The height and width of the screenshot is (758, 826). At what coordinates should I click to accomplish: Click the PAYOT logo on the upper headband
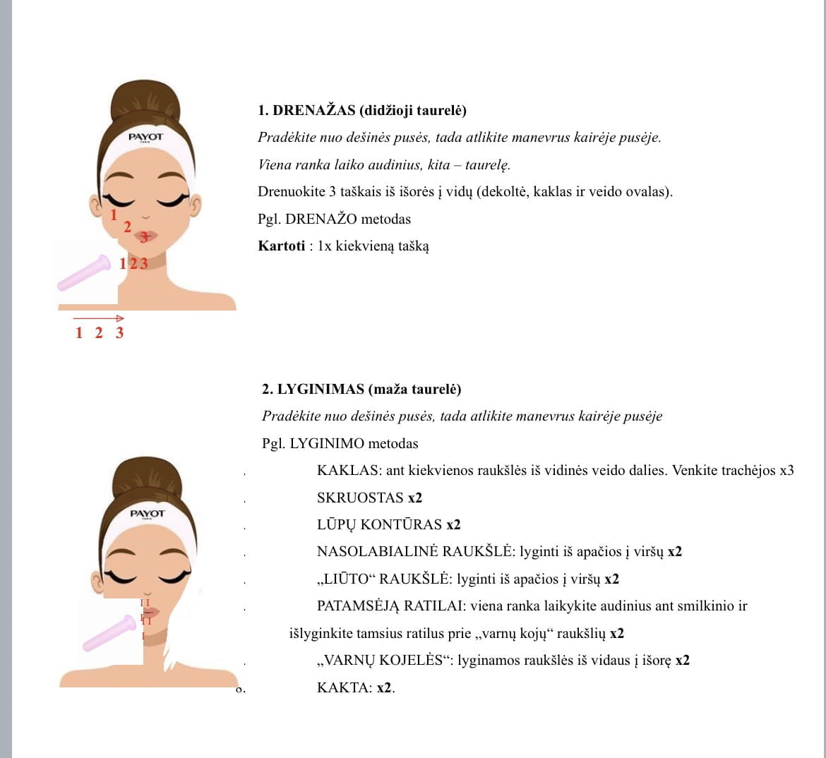pyautogui.click(x=146, y=138)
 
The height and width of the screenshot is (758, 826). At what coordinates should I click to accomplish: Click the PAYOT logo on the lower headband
pyautogui.click(x=148, y=514)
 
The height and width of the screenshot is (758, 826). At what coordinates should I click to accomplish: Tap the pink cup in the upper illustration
pyautogui.click(x=84, y=273)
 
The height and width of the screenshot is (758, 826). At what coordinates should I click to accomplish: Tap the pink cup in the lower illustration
pyautogui.click(x=109, y=633)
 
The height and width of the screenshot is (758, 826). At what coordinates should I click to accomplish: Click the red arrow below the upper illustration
pyautogui.click(x=99, y=318)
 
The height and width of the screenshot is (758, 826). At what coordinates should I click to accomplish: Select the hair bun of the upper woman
pyautogui.click(x=146, y=101)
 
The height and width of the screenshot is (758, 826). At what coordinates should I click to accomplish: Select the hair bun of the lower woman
pyautogui.click(x=147, y=478)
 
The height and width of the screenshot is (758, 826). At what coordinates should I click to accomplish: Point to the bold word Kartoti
pyautogui.click(x=281, y=246)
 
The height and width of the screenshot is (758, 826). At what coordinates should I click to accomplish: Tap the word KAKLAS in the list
pyautogui.click(x=349, y=470)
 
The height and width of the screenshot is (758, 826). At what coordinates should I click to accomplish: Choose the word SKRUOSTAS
pyautogui.click(x=360, y=498)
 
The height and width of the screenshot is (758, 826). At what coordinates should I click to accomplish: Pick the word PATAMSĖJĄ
pyautogui.click(x=358, y=606)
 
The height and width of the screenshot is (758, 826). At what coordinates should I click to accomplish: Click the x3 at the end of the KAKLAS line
pyautogui.click(x=786, y=470)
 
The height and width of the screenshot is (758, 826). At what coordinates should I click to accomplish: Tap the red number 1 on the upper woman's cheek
pyautogui.click(x=113, y=215)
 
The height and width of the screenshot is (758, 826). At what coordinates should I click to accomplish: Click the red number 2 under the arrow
pyautogui.click(x=99, y=333)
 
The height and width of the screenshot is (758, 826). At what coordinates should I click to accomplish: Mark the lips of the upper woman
pyautogui.click(x=146, y=236)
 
